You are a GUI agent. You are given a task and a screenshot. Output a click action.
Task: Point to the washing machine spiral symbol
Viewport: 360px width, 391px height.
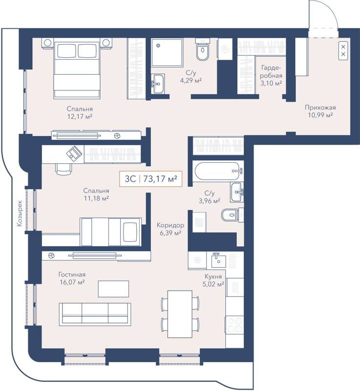click(x=225, y=49)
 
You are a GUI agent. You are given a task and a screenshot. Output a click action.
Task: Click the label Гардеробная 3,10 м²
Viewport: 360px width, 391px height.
click(x=271, y=76)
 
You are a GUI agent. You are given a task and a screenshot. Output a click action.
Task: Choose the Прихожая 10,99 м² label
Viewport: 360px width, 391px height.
click(x=320, y=111)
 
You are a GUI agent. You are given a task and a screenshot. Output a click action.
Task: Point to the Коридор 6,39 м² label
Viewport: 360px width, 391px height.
click(x=170, y=229)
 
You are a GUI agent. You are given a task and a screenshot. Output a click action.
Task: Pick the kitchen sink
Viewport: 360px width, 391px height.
click(x=218, y=261)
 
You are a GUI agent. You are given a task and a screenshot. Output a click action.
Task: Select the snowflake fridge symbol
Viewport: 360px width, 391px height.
click(x=198, y=260)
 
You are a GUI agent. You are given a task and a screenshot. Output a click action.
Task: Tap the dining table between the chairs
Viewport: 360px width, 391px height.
click(x=180, y=314)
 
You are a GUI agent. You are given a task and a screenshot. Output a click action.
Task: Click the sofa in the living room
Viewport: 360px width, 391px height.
click(x=95, y=313)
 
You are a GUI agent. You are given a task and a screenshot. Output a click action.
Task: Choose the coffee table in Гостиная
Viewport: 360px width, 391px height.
click(x=114, y=289)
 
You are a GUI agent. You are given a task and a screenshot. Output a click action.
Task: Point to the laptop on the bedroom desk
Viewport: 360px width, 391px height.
click(x=74, y=152)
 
